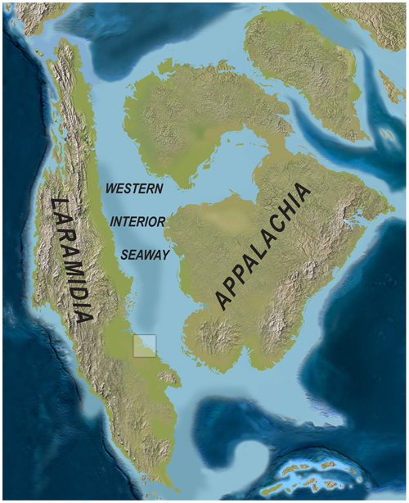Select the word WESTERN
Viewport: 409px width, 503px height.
[x=135, y=188]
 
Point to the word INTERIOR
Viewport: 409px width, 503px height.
[x=138, y=221]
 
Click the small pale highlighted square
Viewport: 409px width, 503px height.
[x=144, y=346]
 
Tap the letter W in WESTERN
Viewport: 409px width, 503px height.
[x=111, y=188]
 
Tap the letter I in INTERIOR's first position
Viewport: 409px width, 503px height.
[x=113, y=221]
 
